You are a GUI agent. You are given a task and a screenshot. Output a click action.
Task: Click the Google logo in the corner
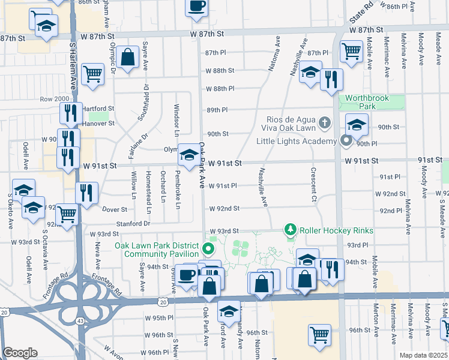20,353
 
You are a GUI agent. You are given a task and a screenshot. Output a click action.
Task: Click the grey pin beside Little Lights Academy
346,141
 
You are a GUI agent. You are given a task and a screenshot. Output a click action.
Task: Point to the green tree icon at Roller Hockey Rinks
291,230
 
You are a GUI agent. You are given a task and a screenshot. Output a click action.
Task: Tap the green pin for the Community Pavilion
209,249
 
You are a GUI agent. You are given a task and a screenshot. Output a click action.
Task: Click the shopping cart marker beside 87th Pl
351,50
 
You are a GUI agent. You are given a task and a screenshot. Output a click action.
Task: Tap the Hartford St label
97,109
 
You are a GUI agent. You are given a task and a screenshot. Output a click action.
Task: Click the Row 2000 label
55,99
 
